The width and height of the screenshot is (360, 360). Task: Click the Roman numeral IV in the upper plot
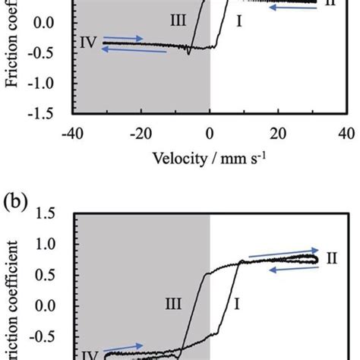[87, 43]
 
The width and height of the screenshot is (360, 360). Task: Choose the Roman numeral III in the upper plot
[178, 23]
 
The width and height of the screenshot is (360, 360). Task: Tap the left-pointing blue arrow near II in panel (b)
[283, 270]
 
